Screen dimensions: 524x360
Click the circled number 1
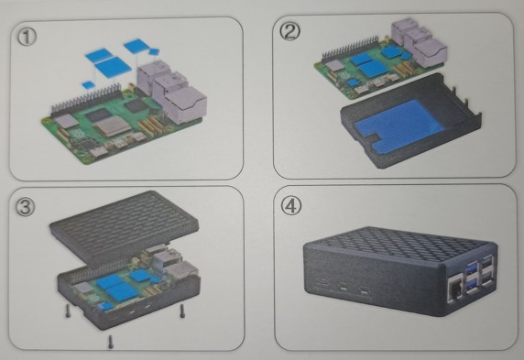pos(27,37)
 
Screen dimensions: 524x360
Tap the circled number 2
pos(289,31)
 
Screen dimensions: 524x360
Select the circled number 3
pos(26,207)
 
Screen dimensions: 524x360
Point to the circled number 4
pos(290,205)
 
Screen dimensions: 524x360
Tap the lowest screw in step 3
pos(111,342)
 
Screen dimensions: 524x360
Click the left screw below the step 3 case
pos(68,311)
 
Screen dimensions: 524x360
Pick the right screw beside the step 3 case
pos(182,311)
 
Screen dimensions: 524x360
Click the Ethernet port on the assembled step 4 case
pos(457,289)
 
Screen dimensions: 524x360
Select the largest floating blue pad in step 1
pos(113,67)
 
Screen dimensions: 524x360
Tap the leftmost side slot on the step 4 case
pos(322,281)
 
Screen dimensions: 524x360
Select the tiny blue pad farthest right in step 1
pos(154,52)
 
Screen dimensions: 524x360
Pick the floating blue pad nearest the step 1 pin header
pos(88,84)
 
